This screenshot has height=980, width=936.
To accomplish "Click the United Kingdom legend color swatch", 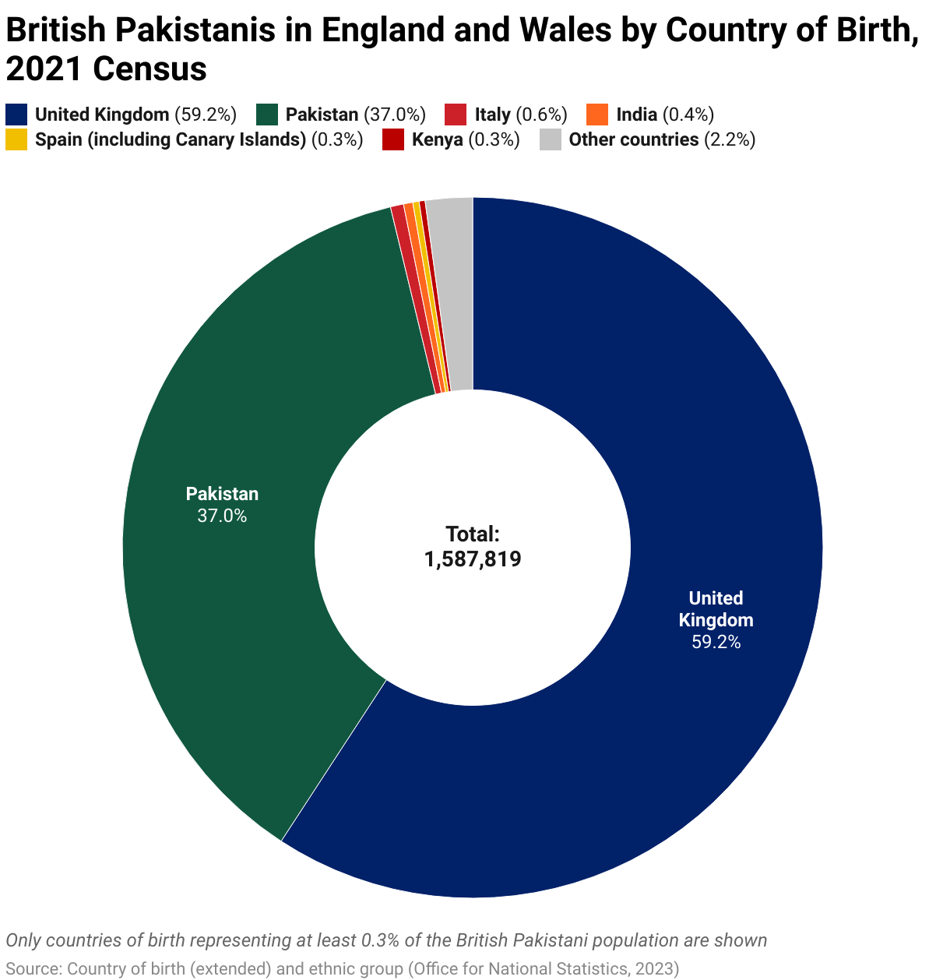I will point(16,115).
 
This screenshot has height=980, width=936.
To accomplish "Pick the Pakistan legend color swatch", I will point(267,115).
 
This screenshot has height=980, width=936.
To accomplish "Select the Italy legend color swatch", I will point(456,115).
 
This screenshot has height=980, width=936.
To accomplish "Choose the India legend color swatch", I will point(597,115).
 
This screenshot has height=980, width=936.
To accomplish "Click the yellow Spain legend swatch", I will point(16,139).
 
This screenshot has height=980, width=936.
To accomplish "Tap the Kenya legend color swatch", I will point(393,139).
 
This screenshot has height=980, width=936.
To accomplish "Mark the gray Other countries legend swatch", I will point(551,139).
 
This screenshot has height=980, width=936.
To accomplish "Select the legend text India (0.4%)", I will point(664,115).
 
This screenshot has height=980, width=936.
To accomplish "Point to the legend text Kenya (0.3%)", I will point(465,139).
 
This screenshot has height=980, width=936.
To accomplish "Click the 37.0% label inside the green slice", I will point(222,516).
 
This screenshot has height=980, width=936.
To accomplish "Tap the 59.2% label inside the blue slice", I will point(716,643).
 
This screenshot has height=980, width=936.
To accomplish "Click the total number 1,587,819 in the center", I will point(473,559).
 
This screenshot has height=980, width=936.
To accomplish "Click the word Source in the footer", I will point(31,969).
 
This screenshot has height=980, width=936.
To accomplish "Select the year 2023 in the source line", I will point(655,969).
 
